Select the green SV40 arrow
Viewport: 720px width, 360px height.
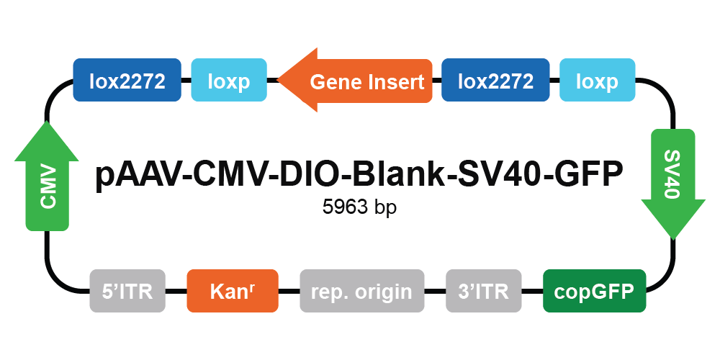click(672, 184)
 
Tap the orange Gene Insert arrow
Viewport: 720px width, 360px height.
click(355, 81)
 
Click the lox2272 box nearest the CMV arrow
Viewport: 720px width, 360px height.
click(127, 80)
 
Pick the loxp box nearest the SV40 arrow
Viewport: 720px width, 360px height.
click(597, 80)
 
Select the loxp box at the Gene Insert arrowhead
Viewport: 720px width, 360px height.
click(229, 80)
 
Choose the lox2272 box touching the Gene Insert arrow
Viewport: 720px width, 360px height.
click(495, 80)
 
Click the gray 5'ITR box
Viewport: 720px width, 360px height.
click(127, 291)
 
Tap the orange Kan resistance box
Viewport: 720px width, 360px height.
click(233, 291)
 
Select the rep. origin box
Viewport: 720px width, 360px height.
click(362, 291)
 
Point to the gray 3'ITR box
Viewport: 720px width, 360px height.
click(484, 291)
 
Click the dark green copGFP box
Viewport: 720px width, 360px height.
click(594, 291)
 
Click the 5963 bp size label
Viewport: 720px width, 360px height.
click(359, 207)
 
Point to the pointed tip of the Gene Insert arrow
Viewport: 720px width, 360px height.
click(278, 80)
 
